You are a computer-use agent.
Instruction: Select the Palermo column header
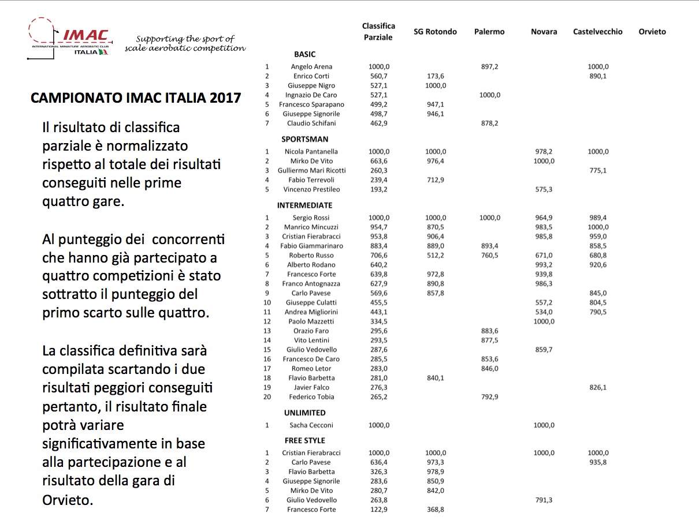tap(489, 32)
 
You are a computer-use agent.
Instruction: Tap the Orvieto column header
tap(652, 32)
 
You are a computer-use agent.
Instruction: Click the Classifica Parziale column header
tap(378, 32)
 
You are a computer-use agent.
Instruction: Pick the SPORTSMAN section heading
tap(304, 139)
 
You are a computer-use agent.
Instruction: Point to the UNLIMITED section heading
tap(304, 413)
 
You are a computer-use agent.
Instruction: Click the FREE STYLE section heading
tap(304, 440)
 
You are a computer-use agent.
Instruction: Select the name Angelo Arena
tap(311, 66)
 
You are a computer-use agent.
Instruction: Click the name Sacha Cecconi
tap(311, 425)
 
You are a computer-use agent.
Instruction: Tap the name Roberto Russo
tap(311, 255)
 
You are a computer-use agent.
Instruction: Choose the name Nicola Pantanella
tap(311, 152)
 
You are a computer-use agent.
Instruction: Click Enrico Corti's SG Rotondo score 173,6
tap(435, 76)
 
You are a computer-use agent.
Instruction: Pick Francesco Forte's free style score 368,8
tap(435, 510)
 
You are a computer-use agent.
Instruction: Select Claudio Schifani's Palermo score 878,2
tap(489, 123)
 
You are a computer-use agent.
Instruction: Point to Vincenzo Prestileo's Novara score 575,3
tap(544, 189)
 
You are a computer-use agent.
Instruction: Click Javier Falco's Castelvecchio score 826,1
tap(598, 387)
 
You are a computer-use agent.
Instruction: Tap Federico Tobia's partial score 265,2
tap(379, 397)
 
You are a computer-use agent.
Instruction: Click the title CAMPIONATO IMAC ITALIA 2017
tap(136, 97)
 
